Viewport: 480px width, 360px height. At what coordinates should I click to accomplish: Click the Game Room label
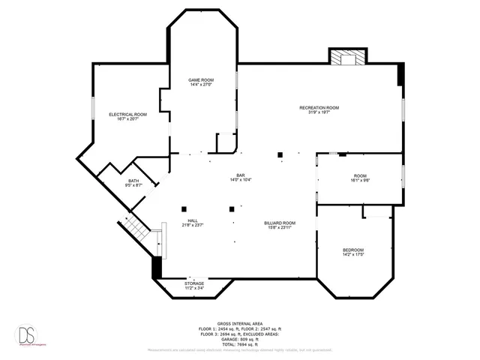200,79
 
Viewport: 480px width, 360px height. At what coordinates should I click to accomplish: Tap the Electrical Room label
127,114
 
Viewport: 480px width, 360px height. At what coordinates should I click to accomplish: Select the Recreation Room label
319,108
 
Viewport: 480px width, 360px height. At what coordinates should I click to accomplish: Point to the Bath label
133,181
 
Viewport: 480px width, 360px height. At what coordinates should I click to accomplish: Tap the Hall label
193,220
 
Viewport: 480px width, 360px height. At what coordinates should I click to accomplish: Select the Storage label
194,283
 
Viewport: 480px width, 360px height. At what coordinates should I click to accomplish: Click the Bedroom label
353,250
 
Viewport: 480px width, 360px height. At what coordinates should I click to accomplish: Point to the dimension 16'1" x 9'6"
361,180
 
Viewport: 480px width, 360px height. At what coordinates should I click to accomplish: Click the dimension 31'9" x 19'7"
319,113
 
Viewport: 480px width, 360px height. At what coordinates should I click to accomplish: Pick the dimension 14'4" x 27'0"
200,85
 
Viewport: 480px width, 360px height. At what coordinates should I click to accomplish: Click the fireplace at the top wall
347,58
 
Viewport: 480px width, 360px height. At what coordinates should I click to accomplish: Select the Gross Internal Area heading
240,318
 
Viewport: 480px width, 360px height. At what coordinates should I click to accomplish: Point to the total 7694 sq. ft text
240,343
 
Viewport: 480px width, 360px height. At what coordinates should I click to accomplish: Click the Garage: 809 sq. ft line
240,338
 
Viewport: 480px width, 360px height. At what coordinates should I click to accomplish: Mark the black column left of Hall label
183,208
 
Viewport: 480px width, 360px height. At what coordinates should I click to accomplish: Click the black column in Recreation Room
280,154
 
